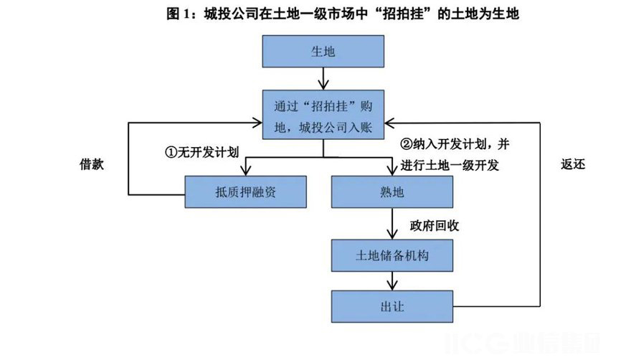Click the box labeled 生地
click(323, 52)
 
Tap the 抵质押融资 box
click(246, 192)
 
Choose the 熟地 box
click(393, 192)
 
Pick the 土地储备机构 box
click(393, 255)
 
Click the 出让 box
click(393, 306)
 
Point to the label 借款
click(92, 164)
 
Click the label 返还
click(573, 164)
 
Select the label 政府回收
click(435, 225)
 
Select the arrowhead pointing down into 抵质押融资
click(246, 171)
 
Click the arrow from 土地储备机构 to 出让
click(393, 281)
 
